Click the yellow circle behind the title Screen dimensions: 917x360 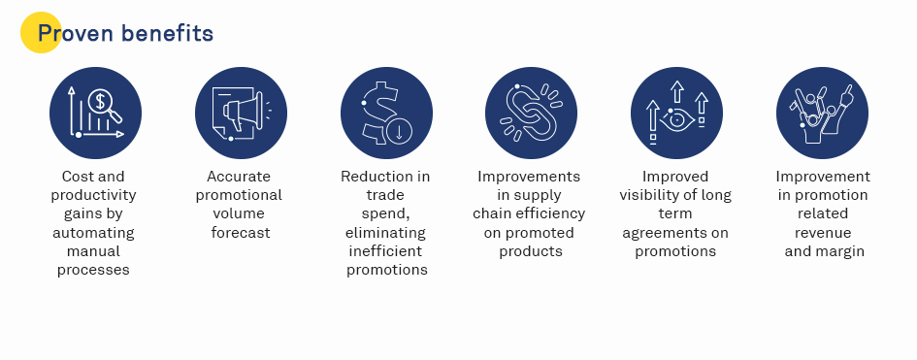(x=41, y=33)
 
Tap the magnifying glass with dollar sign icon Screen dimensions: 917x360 (x=105, y=105)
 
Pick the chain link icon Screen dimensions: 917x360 (x=531, y=113)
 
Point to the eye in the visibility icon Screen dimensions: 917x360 (x=676, y=119)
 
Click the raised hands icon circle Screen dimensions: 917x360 (x=822, y=113)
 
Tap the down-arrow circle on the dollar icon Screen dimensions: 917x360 (x=400, y=131)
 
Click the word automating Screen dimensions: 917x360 (x=93, y=233)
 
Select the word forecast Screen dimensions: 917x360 (x=241, y=233)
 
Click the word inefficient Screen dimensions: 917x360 (x=385, y=251)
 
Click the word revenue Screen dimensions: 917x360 (x=823, y=233)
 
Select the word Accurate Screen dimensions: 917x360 (x=239, y=177)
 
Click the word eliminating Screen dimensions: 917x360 (x=385, y=233)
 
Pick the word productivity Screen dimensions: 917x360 (x=93, y=195)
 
